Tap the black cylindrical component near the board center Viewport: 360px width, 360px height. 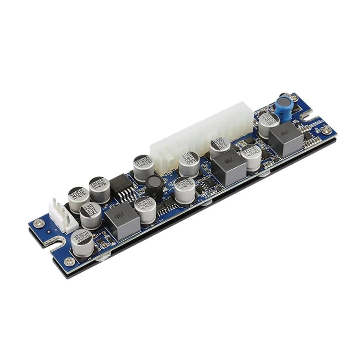click(154, 186)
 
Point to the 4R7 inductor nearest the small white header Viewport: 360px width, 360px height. click(122, 220)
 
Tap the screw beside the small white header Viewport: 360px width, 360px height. click(39, 223)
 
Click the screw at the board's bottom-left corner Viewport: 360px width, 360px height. click(69, 261)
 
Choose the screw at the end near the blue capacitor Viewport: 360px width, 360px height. click(327, 130)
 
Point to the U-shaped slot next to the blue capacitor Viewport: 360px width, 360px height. click(308, 116)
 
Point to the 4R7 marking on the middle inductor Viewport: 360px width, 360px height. click(228, 162)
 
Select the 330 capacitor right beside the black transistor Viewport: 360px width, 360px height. click(99, 188)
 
